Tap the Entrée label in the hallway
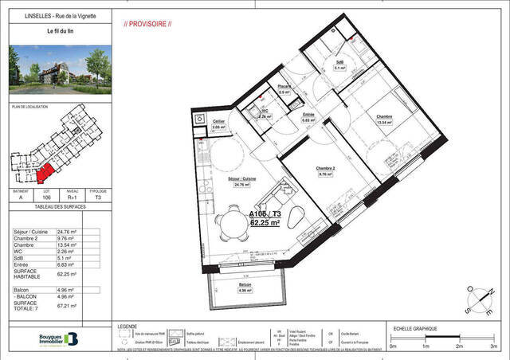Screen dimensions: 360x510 pyautogui.click(x=308, y=115)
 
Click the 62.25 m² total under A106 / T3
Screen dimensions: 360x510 pyautogui.click(x=265, y=224)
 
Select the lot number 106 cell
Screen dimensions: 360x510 pyautogui.click(x=46, y=198)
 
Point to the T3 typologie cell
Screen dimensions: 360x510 pyautogui.click(x=98, y=198)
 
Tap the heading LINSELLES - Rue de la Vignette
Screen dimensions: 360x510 pyautogui.click(x=49, y=13)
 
